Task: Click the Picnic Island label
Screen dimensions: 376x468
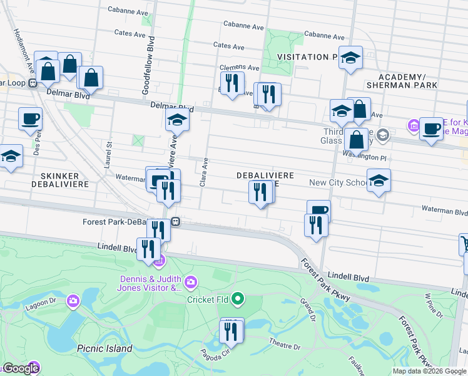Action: click(104, 348)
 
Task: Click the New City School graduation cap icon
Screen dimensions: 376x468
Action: click(379, 181)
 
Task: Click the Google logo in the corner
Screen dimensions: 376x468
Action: click(20, 368)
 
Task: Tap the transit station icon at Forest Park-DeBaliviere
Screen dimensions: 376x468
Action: click(176, 221)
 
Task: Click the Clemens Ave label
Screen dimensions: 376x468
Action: click(238, 68)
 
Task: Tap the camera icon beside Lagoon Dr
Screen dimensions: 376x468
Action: click(74, 301)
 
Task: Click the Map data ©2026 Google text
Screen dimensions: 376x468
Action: click(429, 371)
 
